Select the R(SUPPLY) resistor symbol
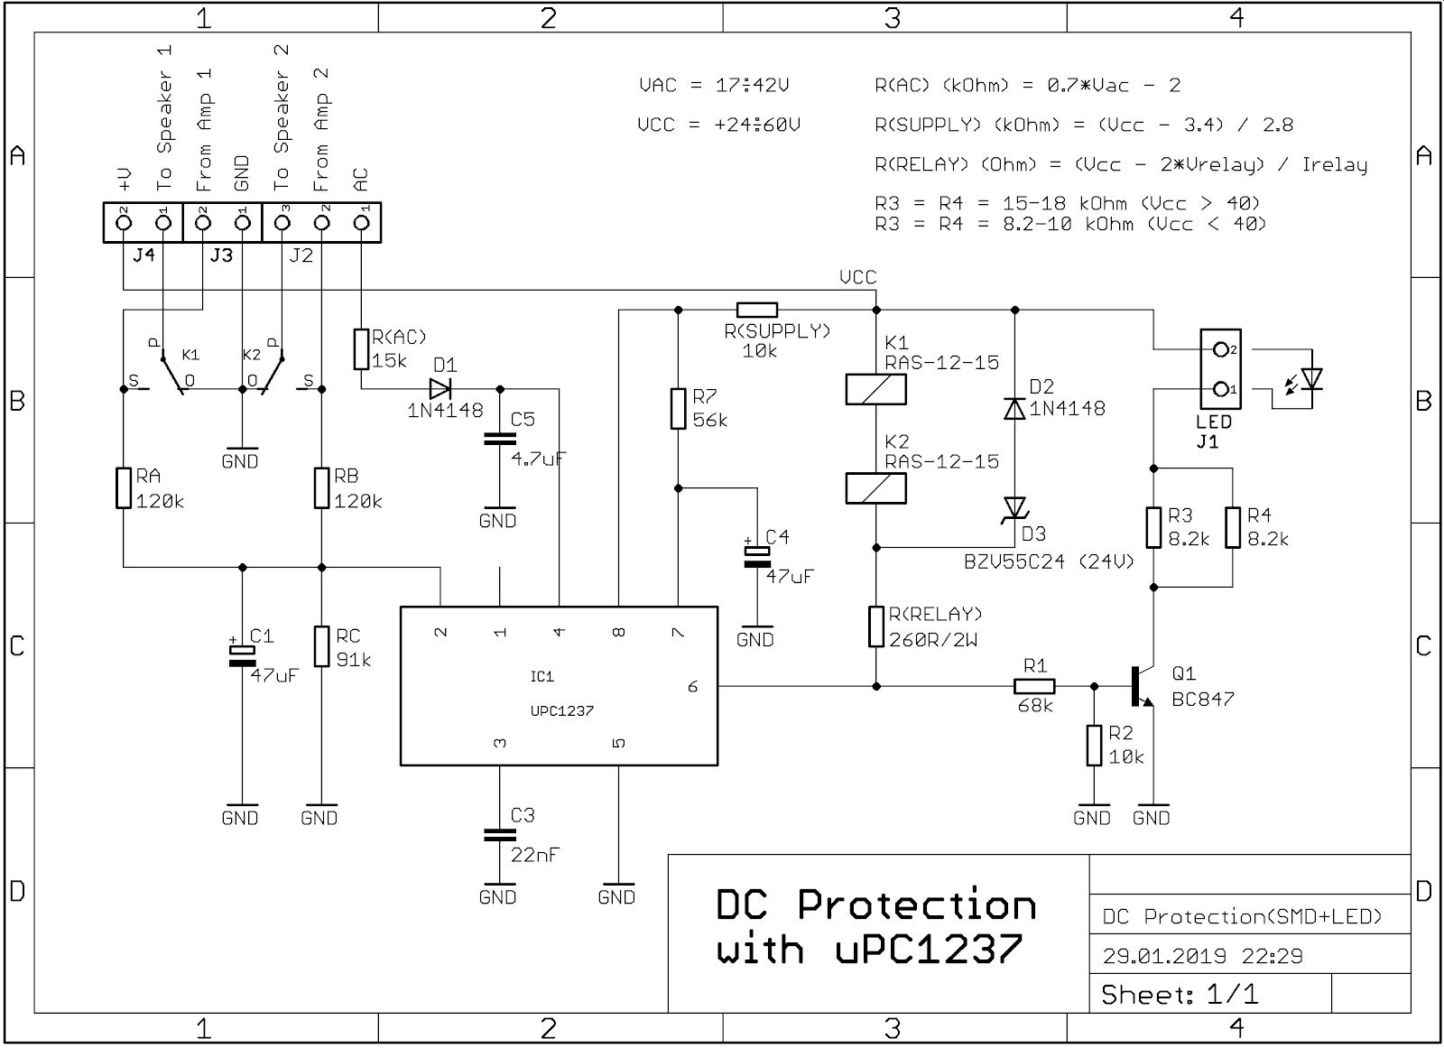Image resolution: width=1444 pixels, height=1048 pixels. (757, 311)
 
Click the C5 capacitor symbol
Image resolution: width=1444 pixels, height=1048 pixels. (500, 440)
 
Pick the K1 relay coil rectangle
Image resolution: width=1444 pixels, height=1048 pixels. (876, 390)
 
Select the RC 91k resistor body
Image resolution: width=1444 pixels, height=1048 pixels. (321, 645)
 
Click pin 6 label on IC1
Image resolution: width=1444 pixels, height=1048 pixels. (693, 687)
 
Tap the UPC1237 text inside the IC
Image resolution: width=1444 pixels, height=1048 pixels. (561, 710)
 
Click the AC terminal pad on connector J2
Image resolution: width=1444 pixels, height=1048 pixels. (362, 222)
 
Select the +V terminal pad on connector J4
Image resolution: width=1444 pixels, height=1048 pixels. (124, 222)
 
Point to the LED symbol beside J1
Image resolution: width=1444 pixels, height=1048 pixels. (1303, 381)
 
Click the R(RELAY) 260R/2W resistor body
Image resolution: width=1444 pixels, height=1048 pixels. (876, 626)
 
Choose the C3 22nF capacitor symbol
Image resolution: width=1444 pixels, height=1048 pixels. (500, 835)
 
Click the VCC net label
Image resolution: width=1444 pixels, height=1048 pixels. (858, 277)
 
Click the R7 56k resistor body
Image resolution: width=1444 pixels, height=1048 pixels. (678, 409)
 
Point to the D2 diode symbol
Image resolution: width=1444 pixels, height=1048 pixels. (1014, 409)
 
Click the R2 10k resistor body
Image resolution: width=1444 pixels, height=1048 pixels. (1094, 746)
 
